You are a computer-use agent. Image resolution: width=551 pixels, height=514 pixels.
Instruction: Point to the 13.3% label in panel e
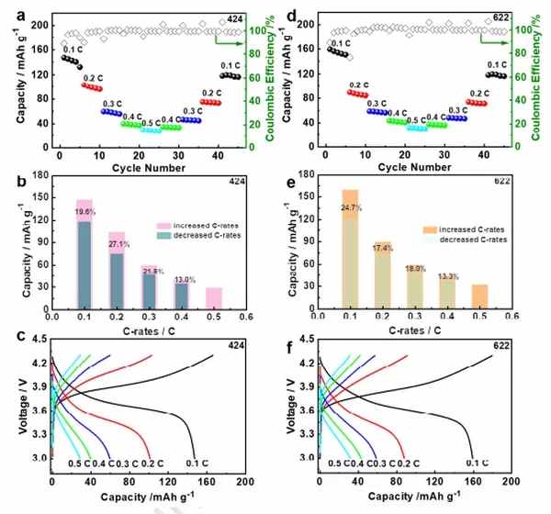447,276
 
